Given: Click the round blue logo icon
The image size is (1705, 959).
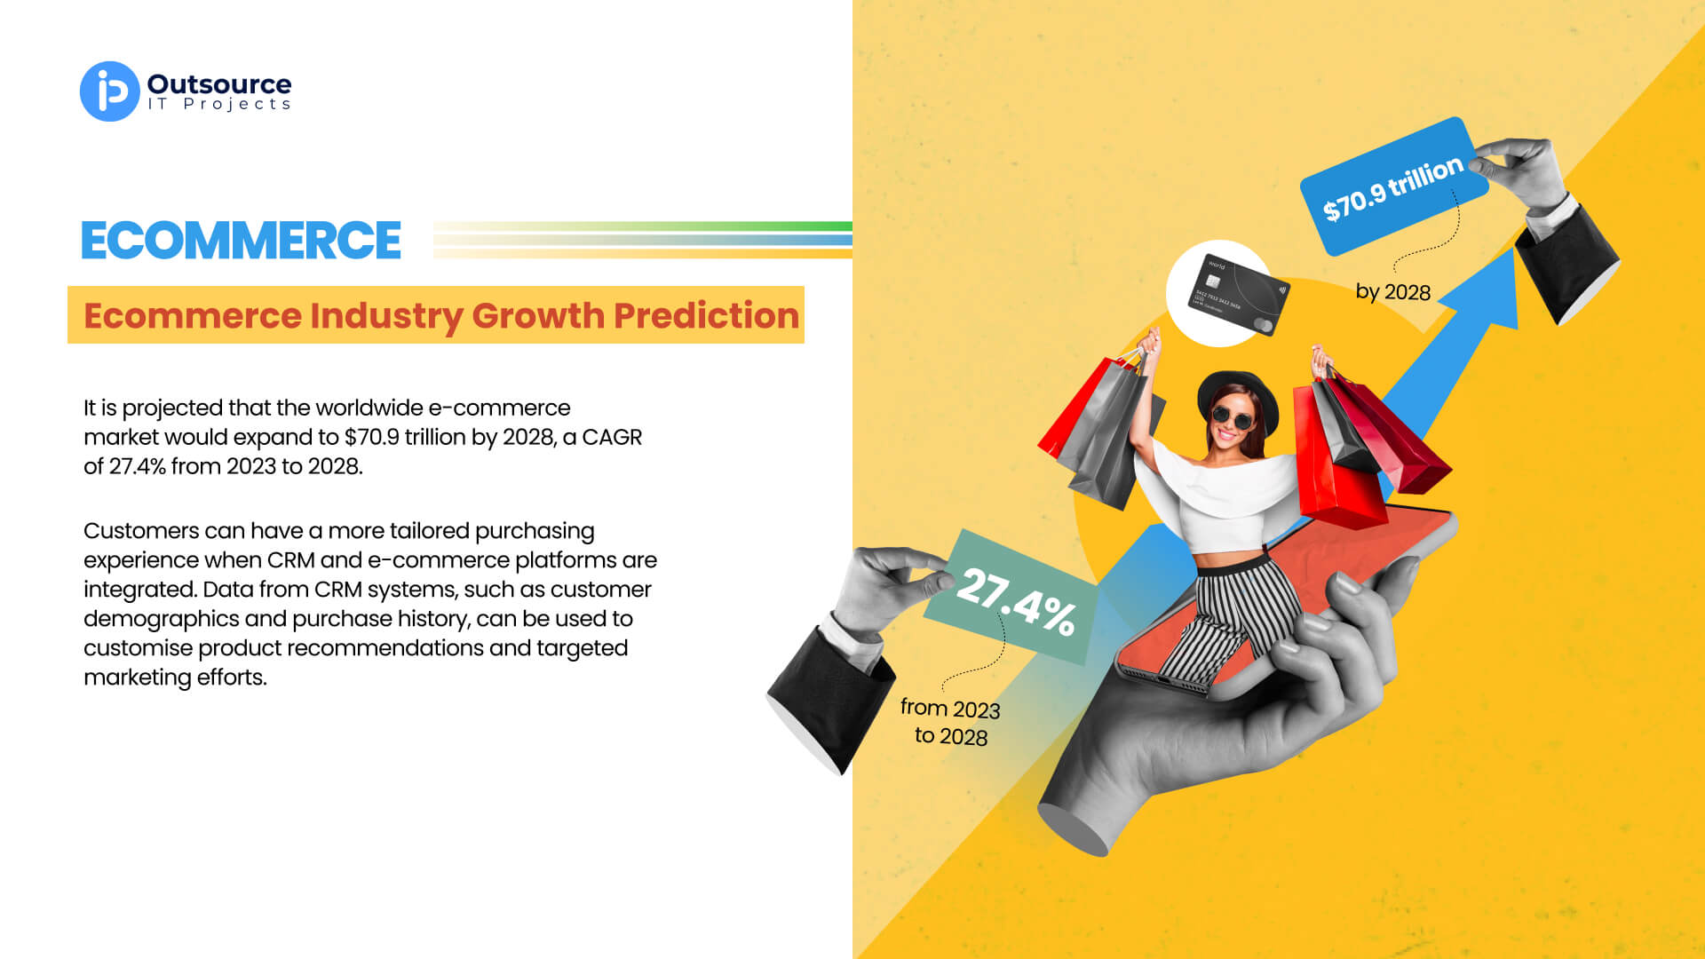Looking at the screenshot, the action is coord(110,91).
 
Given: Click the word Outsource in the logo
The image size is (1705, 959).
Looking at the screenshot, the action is coord(219,84).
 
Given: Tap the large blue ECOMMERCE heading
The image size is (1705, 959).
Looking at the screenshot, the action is coord(241,241).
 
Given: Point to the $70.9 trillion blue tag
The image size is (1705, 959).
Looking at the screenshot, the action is coord(1393,186).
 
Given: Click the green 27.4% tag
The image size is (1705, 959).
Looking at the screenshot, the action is coord(1013,597).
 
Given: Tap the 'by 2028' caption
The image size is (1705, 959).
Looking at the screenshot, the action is coord(1392,292).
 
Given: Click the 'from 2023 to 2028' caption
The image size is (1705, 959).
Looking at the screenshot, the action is coord(950,721).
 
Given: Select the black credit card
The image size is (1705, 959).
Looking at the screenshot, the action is coord(1238,295).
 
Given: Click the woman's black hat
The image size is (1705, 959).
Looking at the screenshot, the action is coord(1238,398).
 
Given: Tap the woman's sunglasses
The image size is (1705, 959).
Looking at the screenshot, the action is coord(1233,416).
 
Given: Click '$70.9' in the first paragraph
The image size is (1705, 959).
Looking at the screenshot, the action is coord(372,437).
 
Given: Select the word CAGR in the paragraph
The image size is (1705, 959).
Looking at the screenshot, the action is coord(612,437).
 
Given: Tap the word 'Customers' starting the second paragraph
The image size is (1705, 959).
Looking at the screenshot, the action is coord(141,530).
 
